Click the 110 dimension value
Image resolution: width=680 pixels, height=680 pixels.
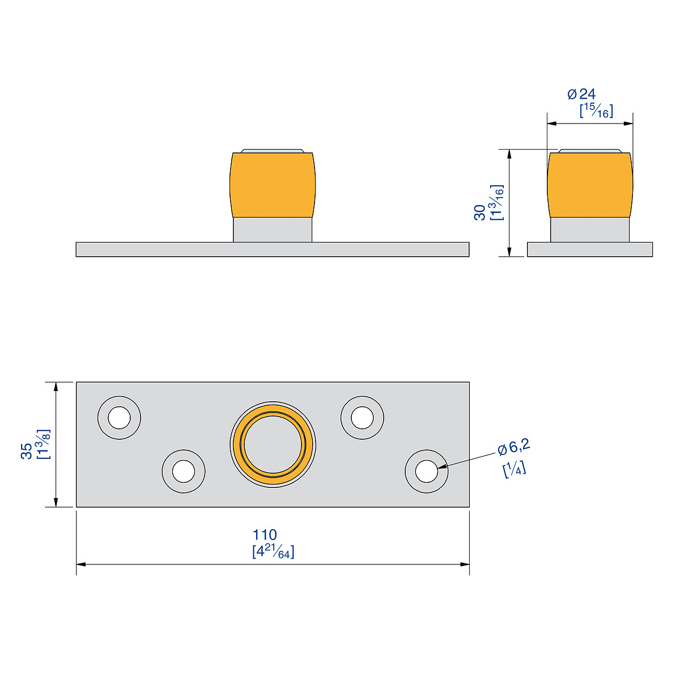(265, 535)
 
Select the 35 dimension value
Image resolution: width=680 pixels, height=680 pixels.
(27, 451)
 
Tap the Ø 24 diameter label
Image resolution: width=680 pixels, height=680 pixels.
(581, 94)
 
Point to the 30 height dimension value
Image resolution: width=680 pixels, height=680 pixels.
(479, 212)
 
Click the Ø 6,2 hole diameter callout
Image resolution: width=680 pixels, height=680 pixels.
(514, 448)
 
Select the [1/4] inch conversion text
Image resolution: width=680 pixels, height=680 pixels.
(515, 470)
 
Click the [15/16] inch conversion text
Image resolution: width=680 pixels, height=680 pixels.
(597, 111)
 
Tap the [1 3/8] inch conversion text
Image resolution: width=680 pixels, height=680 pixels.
(44, 444)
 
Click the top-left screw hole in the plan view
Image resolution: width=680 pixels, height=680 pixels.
(119, 418)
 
